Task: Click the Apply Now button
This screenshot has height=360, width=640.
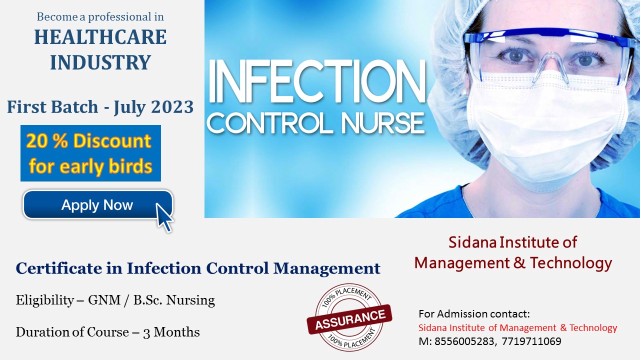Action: (97, 205)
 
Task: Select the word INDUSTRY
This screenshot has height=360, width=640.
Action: (100, 62)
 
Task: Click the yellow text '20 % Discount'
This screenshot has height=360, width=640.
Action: (88, 141)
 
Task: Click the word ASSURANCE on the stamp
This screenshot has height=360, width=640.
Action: (350, 317)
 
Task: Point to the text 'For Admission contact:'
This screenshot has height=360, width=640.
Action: (474, 314)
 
